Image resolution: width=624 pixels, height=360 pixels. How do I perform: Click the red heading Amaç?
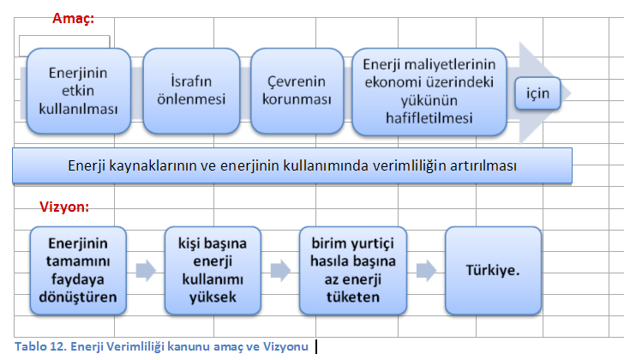coord(73,18)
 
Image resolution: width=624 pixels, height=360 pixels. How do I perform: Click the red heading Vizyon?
coord(64,207)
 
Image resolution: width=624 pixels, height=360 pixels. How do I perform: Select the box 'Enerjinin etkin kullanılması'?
coord(79,91)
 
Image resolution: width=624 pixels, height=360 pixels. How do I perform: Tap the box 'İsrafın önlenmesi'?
coord(191,91)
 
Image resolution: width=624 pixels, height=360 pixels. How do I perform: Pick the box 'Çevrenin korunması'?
coord(297,91)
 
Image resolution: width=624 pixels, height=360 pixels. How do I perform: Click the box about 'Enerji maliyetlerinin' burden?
coord(429,92)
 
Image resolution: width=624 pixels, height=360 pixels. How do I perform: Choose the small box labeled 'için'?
coord(537,93)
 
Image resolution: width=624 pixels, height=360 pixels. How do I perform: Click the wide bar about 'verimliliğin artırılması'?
coord(292,165)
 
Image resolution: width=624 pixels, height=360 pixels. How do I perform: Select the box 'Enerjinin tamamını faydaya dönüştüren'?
coord(78,271)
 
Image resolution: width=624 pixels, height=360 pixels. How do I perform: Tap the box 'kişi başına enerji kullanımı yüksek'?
coord(213,271)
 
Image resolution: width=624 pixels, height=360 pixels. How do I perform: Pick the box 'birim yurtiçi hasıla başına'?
coord(353,271)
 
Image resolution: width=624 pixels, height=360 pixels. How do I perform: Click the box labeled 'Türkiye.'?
coord(493,271)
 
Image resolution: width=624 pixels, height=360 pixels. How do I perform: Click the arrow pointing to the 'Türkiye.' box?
coord(426,271)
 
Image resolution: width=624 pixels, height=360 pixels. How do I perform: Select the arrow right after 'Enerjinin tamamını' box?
coord(146,271)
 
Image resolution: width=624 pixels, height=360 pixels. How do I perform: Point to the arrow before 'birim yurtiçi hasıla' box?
coord(280,271)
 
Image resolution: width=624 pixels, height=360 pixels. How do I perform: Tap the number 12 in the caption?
coord(57,346)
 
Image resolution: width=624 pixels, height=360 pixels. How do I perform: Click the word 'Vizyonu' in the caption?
coord(285,346)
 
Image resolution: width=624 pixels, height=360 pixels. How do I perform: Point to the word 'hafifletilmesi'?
coord(429,118)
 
